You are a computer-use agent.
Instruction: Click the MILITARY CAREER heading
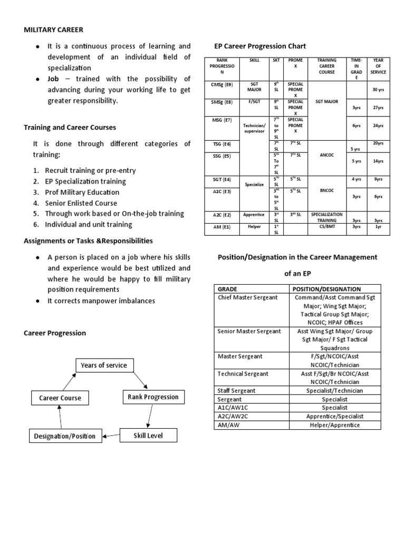(x=54, y=30)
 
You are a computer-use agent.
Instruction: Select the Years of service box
(x=104, y=365)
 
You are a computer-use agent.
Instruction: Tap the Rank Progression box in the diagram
(x=153, y=397)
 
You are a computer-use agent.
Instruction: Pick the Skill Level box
(x=148, y=435)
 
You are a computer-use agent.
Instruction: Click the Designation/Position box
(x=65, y=436)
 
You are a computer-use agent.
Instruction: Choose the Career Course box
(x=60, y=398)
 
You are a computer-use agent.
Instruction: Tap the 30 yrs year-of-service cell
(x=378, y=90)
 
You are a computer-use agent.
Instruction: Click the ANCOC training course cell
(x=327, y=156)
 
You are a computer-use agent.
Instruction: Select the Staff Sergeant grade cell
(x=237, y=391)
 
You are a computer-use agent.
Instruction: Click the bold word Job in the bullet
(x=53, y=79)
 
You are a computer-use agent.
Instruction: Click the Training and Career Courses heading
(x=70, y=127)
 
